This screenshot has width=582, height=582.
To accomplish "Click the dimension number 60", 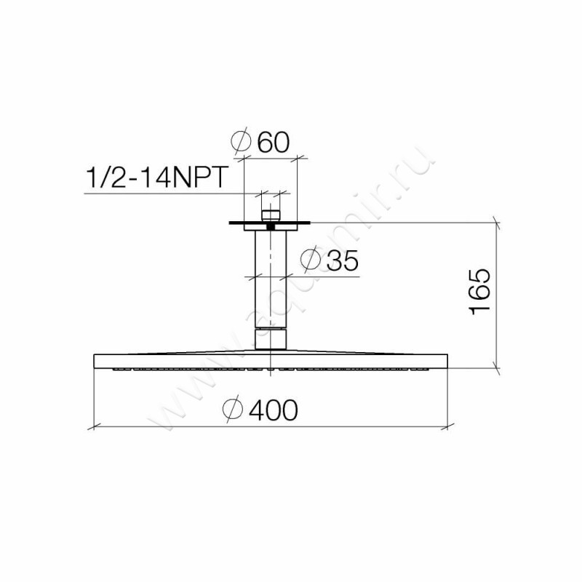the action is coord(273,142).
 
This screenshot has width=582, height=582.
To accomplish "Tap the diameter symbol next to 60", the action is coord(241,141).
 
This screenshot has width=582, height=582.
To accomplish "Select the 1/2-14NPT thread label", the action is coord(156,178).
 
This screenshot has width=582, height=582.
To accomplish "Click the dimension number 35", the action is coord(342,260).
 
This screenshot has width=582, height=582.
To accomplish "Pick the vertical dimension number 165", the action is coord(480,292).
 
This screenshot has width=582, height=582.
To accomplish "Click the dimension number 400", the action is coord(274,410).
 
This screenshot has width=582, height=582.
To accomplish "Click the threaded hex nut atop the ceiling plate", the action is coord(271,215).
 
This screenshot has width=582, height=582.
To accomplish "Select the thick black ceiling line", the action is coord(270,223).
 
